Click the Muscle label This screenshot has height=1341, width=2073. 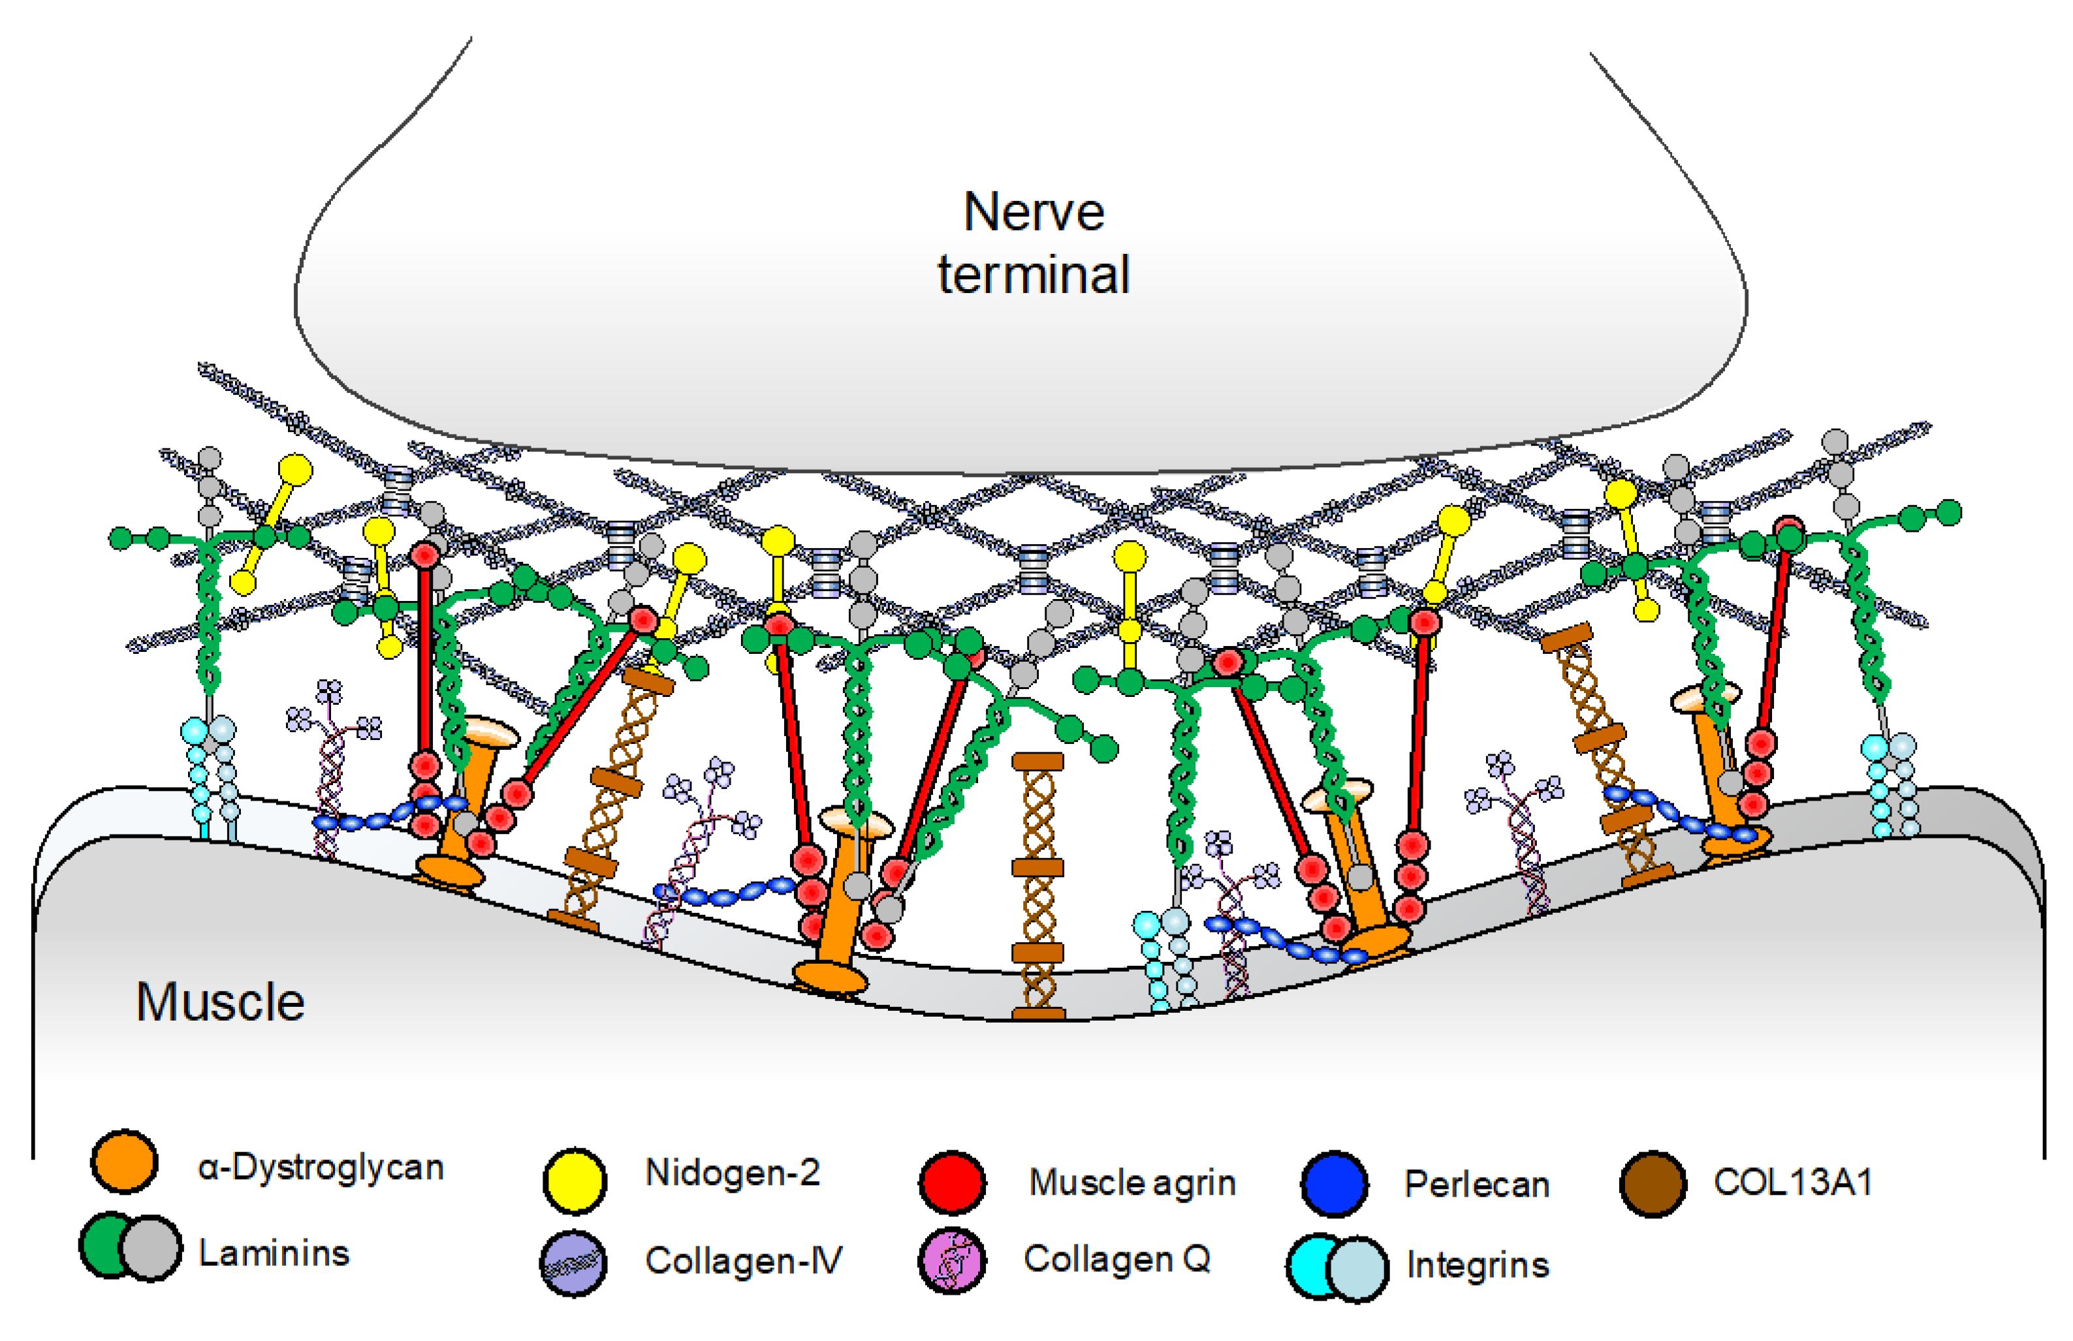tap(221, 1002)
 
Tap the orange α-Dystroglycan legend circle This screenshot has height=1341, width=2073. tap(125, 1162)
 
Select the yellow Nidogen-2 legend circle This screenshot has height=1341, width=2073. tap(575, 1180)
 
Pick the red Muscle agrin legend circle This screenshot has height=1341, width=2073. tap(952, 1182)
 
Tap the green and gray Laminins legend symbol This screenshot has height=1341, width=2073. tap(131, 1247)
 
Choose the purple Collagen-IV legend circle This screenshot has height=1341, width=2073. tap(573, 1263)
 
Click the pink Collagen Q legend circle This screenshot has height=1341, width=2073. tap(952, 1261)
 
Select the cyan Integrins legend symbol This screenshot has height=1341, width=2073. tap(1337, 1268)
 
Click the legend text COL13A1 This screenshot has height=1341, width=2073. tap(1792, 1182)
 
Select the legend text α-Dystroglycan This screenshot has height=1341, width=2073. tap(321, 1167)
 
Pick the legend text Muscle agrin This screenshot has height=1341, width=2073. tap(1132, 1182)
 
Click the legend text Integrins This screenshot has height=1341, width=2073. tap(1478, 1265)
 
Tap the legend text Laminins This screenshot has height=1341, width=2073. tap(274, 1253)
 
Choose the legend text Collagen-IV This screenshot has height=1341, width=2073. tap(743, 1260)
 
